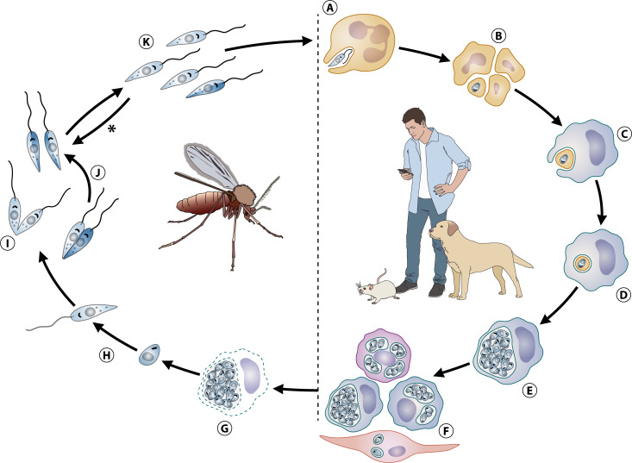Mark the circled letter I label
[x=9, y=244]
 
